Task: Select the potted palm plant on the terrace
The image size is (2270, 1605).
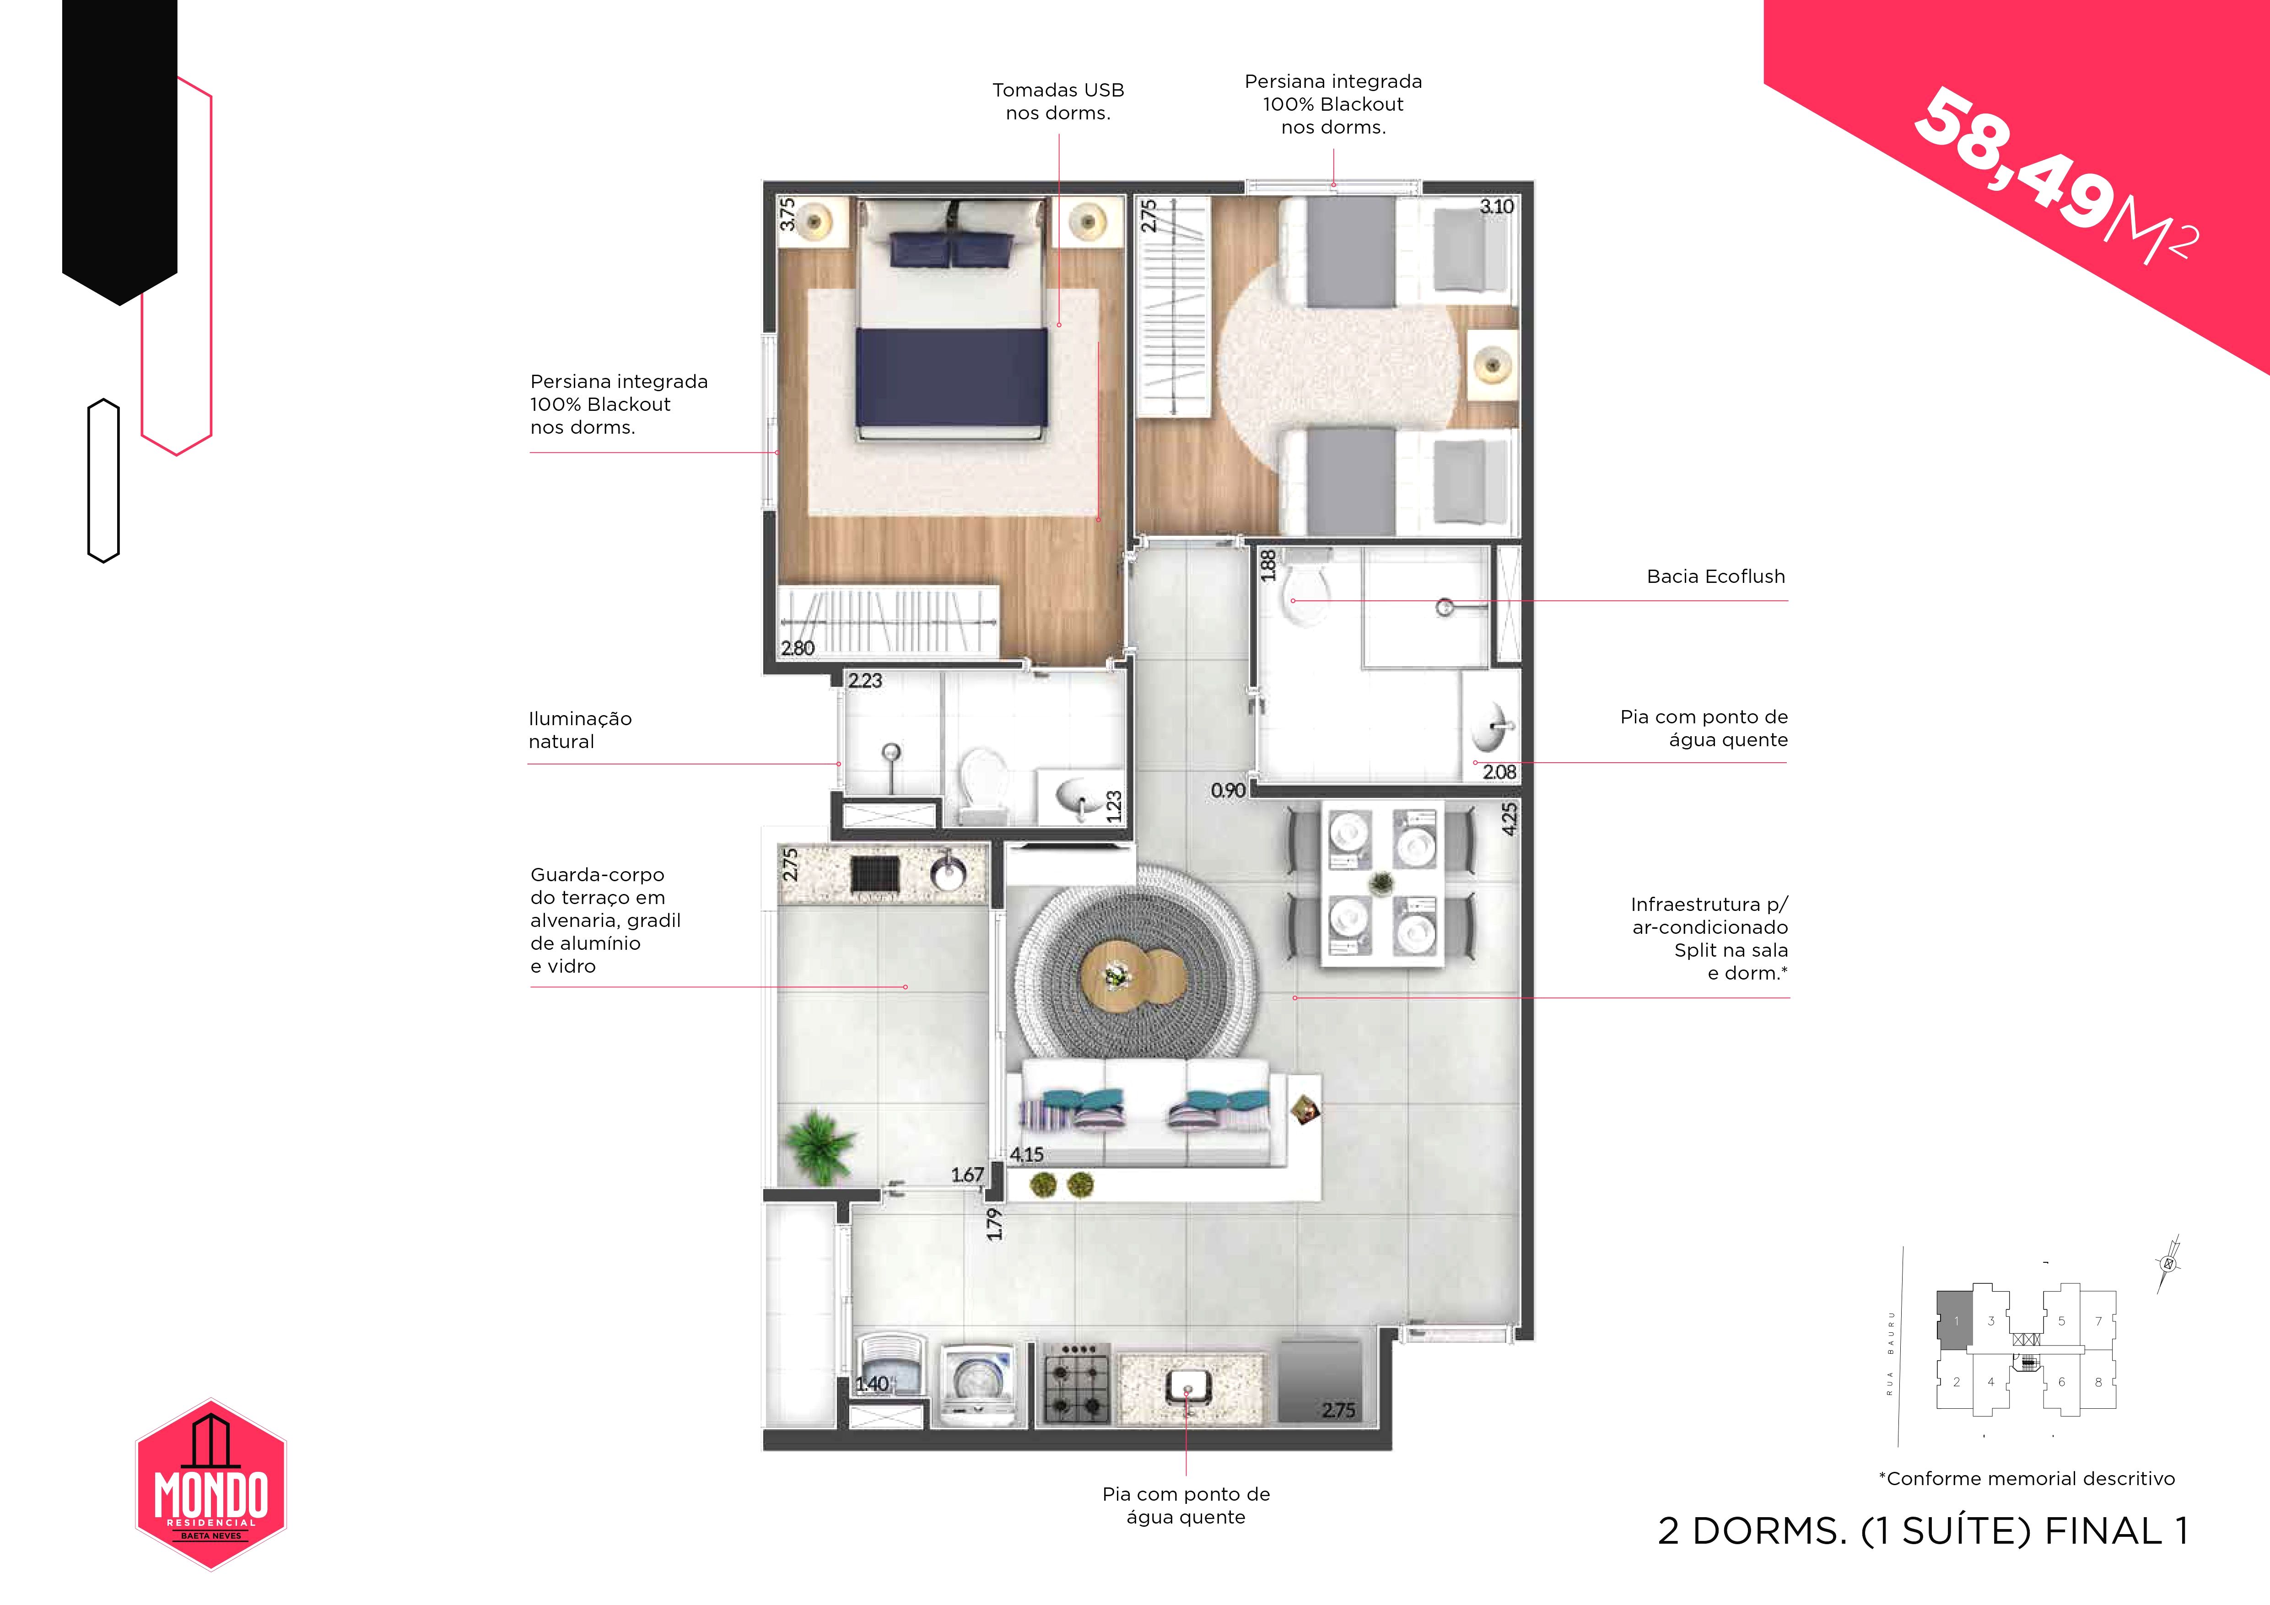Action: pos(817,1147)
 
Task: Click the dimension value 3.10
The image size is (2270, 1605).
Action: pos(1496,206)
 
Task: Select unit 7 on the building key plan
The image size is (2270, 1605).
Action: pos(2098,1321)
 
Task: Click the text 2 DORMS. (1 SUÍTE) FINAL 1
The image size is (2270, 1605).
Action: pos(1923,1531)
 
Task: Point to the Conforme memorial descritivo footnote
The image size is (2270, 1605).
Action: pos(2027,1479)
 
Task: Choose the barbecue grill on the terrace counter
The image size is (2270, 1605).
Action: pos(875,874)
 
